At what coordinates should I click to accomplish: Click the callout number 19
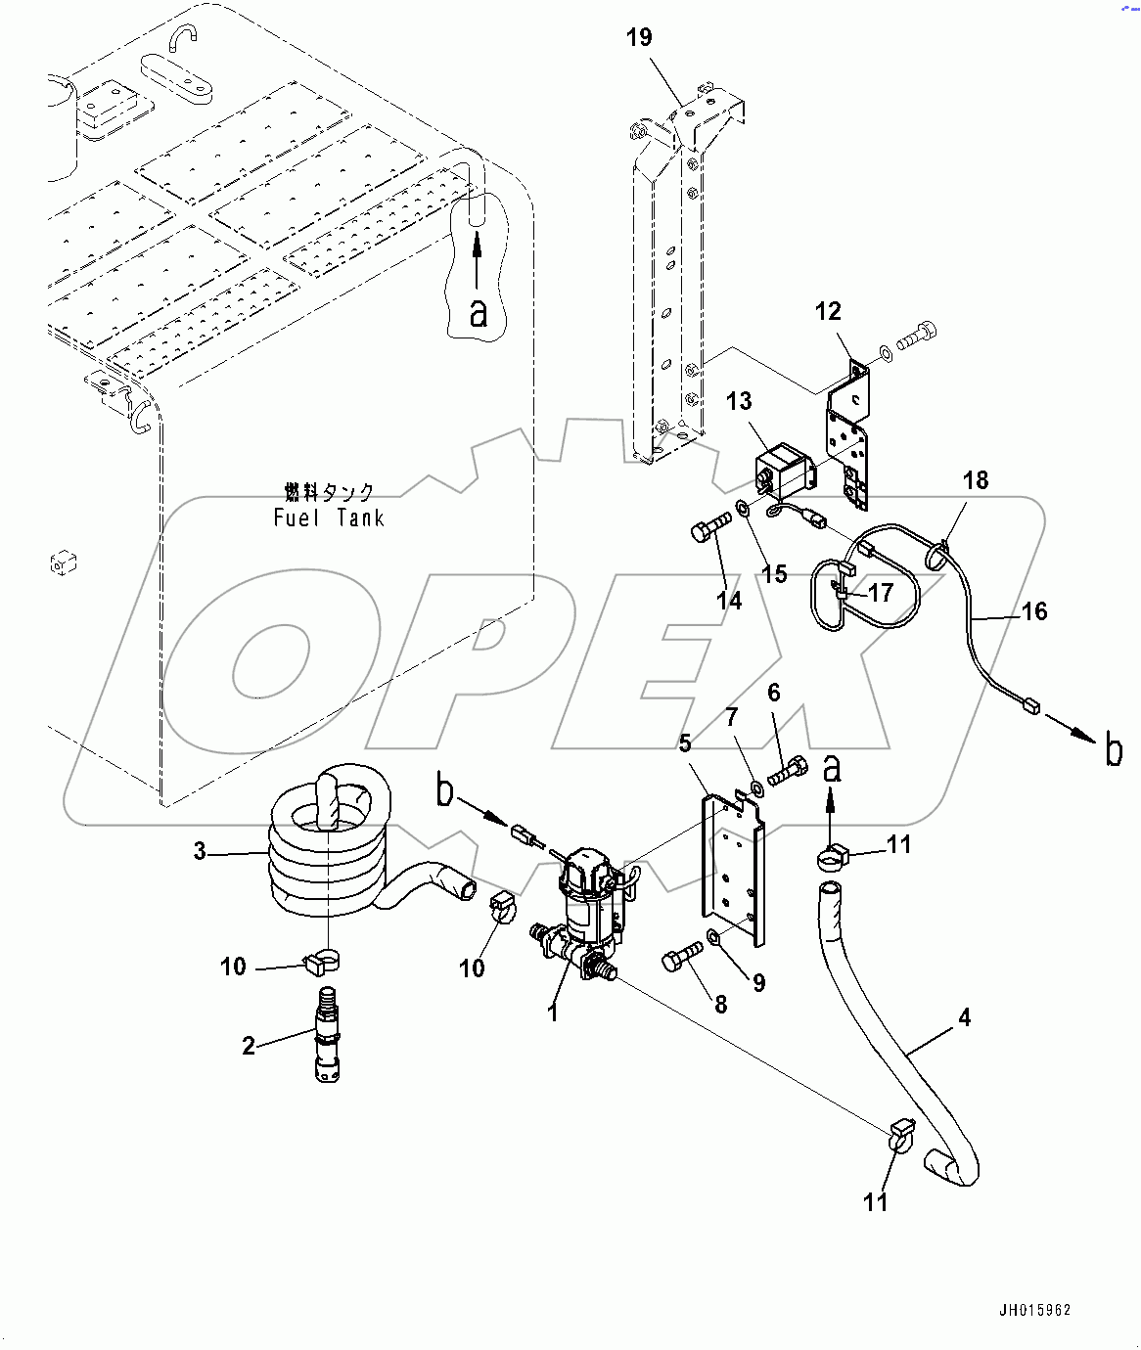pyautogui.click(x=639, y=37)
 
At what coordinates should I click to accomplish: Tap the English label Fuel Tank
pyautogui.click(x=329, y=518)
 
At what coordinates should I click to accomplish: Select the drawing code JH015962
pyautogui.click(x=1035, y=1310)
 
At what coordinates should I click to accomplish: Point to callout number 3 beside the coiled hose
pyautogui.click(x=200, y=851)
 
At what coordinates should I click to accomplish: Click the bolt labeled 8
pyautogui.click(x=682, y=957)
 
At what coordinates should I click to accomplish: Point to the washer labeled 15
pyautogui.click(x=743, y=509)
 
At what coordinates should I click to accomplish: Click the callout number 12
pyautogui.click(x=828, y=311)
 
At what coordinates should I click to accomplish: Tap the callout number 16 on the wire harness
pyautogui.click(x=1034, y=611)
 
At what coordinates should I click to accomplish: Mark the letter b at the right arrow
pyautogui.click(x=1114, y=750)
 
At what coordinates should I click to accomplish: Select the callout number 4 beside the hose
pyautogui.click(x=964, y=1017)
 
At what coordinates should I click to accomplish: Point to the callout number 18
pyautogui.click(x=976, y=479)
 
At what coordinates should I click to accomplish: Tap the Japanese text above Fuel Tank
pyautogui.click(x=329, y=492)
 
